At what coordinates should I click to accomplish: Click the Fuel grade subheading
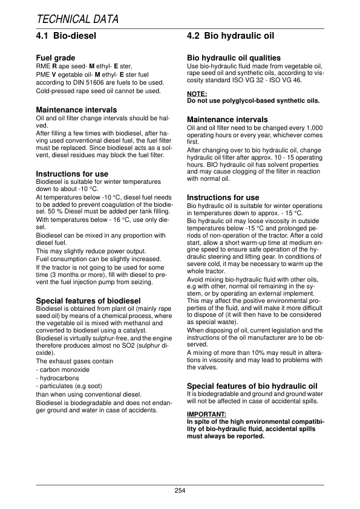pyautogui.click(x=56, y=59)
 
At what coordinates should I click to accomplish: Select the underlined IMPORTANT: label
pyautogui.click(x=207, y=414)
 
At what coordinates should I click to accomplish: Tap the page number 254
pyautogui.click(x=180, y=490)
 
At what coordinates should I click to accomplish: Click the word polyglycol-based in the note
pyautogui.click(x=245, y=100)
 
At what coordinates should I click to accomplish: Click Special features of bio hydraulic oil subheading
pyautogui.click(x=252, y=386)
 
